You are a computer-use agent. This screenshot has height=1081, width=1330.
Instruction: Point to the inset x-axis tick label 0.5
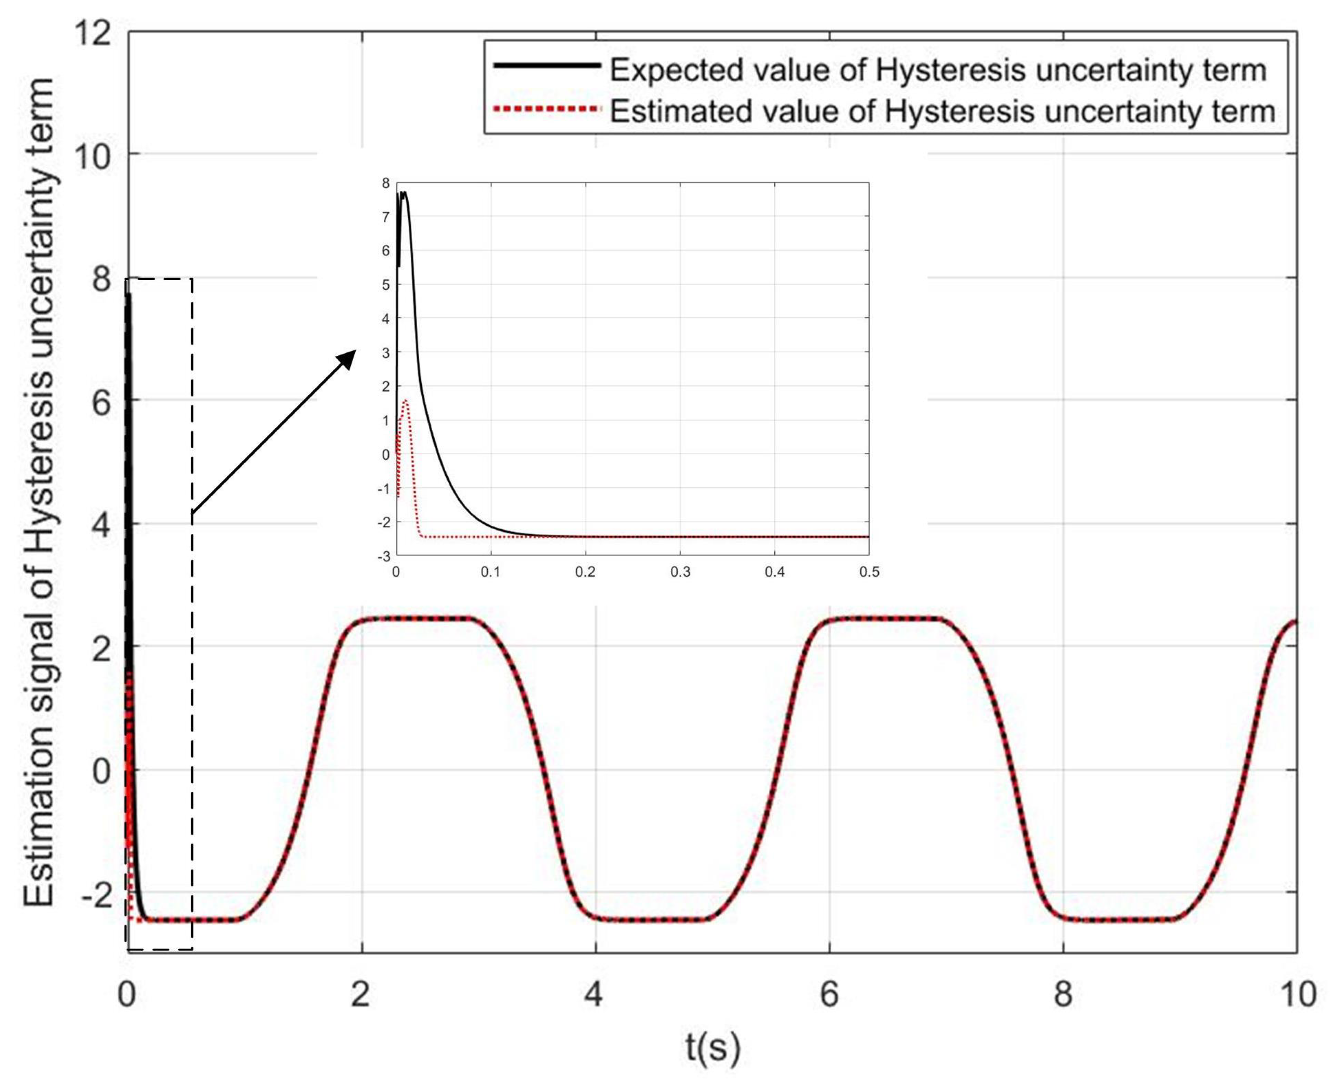click(869, 572)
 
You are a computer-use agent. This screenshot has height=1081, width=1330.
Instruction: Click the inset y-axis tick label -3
click(384, 556)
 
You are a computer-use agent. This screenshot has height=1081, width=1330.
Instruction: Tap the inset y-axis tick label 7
click(386, 217)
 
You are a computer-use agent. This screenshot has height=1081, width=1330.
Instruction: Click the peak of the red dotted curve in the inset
click(406, 401)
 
